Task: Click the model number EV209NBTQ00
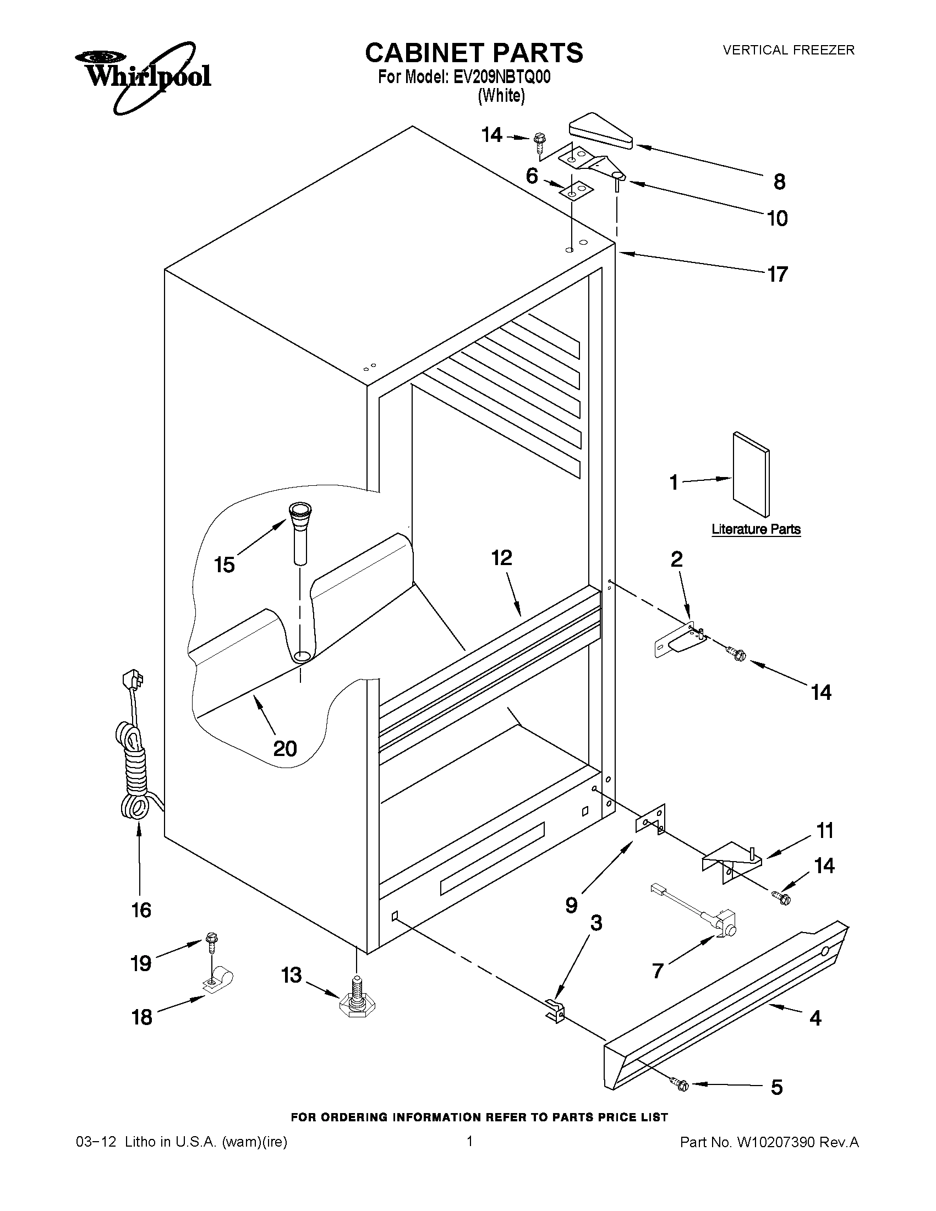click(x=501, y=77)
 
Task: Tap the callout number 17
click(x=777, y=274)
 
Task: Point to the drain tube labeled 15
click(x=300, y=531)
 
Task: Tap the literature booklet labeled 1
click(x=751, y=474)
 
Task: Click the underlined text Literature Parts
click(x=756, y=529)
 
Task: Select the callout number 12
click(x=501, y=558)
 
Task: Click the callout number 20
click(x=285, y=749)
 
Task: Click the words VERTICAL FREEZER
click(x=789, y=50)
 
